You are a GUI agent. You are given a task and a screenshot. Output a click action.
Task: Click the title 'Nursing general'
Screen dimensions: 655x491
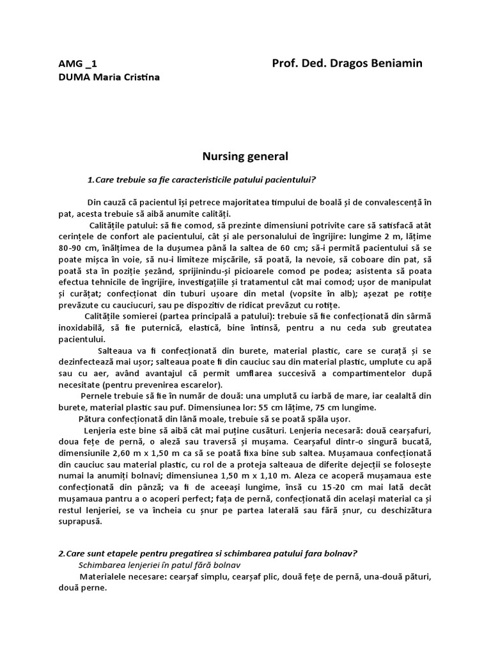tap(245, 156)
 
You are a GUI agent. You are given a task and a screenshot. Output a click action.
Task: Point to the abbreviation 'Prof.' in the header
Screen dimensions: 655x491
tap(284, 63)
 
